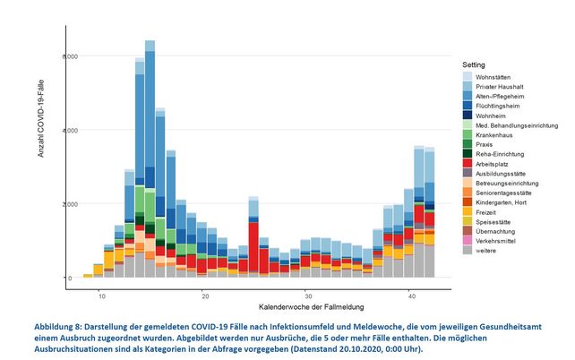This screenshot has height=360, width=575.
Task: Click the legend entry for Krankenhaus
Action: (x=483, y=133)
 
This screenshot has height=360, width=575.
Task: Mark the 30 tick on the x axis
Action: (x=308, y=295)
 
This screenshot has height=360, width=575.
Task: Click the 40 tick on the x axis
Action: (x=411, y=295)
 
